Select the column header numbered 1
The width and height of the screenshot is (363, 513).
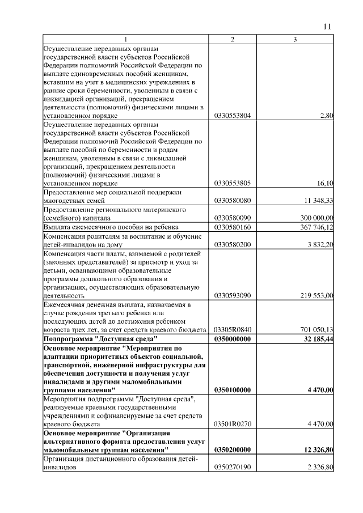(x=126, y=39)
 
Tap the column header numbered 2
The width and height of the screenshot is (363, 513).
(x=233, y=39)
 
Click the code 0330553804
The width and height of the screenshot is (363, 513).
(x=233, y=116)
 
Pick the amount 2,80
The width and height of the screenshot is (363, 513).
(x=327, y=116)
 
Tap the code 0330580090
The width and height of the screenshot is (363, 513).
(x=233, y=218)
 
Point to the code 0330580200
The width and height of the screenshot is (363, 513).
(x=233, y=244)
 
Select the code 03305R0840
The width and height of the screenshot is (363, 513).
(x=233, y=329)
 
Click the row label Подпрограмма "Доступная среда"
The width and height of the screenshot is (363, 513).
(x=92, y=338)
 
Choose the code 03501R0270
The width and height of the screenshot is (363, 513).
(x=233, y=423)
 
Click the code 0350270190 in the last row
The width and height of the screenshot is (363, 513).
(x=233, y=467)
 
